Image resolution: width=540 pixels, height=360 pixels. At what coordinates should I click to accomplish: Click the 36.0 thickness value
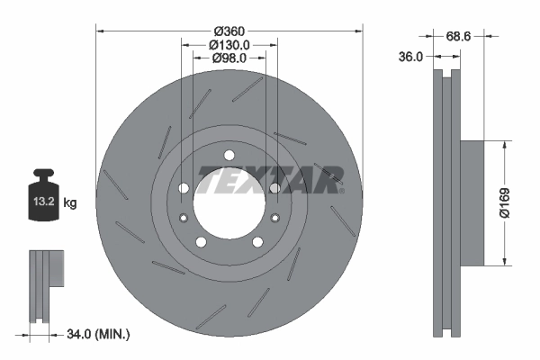[x=410, y=57]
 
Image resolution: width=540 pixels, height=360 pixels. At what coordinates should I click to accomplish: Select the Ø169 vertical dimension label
[x=510, y=202]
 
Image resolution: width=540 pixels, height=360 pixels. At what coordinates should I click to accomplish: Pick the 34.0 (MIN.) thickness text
[x=99, y=335]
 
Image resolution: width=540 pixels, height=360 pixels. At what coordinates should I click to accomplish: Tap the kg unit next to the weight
[x=70, y=203]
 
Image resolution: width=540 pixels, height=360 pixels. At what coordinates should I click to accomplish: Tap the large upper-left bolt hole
[x=184, y=188]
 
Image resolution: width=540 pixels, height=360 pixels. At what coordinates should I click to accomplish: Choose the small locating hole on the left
[x=183, y=217]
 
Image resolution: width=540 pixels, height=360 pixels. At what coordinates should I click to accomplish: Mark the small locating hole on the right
[x=275, y=217]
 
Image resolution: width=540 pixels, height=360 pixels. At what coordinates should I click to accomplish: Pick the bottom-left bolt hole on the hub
[x=201, y=241]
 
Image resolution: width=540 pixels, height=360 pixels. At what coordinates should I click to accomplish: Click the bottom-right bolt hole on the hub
[x=257, y=241]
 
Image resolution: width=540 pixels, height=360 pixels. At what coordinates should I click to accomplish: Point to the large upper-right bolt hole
[x=274, y=188]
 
